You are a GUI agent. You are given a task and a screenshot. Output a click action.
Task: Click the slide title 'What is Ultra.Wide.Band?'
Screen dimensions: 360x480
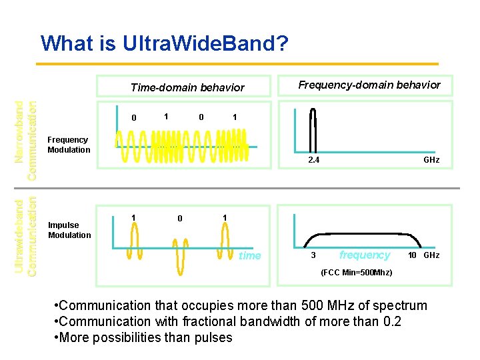pos(165,43)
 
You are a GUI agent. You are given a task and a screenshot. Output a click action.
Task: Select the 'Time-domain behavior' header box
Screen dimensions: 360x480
pos(187,87)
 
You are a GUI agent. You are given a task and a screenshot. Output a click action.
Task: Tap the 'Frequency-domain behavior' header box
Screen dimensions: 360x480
pos(369,85)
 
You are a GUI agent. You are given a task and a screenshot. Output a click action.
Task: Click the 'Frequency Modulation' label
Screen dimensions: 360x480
pos(69,145)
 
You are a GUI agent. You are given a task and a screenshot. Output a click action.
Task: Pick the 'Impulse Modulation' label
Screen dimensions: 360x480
pos(69,230)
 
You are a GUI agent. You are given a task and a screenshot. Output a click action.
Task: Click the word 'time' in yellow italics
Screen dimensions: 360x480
pos(250,255)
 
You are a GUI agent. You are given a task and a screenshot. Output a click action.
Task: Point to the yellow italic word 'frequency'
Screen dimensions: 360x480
pos(365,255)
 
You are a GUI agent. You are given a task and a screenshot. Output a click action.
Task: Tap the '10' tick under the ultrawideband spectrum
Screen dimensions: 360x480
pos(413,255)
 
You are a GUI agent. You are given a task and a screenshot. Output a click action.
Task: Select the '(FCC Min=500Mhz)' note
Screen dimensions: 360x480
pos(357,273)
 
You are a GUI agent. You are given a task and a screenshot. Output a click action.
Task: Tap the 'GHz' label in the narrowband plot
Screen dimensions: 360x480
pos(431,160)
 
